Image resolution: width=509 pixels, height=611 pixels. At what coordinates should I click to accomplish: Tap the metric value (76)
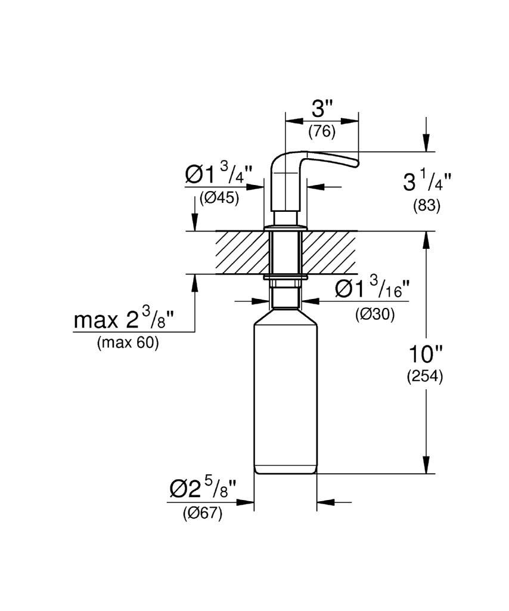coord(322,132)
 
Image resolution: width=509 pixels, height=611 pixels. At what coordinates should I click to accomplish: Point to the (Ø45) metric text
coord(219,198)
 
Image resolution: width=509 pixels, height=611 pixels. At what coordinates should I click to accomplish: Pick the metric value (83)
coord(427,205)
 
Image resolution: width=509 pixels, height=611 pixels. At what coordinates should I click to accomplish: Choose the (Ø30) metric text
coord(375,314)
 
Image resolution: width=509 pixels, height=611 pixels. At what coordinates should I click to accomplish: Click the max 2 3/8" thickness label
coord(124,319)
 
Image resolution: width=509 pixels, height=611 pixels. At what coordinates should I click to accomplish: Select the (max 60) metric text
coord(128,343)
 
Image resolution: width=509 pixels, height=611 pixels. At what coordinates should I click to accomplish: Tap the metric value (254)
coord(425,377)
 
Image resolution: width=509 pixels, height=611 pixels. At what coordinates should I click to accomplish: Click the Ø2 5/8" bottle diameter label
coord(203,488)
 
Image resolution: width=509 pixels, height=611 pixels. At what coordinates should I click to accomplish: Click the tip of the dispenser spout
coord(357,163)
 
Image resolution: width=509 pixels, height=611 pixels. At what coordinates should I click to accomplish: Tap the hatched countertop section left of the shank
coord(242,252)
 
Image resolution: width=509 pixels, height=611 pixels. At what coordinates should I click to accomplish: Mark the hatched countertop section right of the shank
coord(329,252)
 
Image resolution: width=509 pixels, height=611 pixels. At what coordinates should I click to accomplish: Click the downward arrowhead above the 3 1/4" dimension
coord(427,143)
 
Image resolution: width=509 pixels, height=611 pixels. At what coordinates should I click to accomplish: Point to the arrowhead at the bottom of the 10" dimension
coord(427,465)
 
